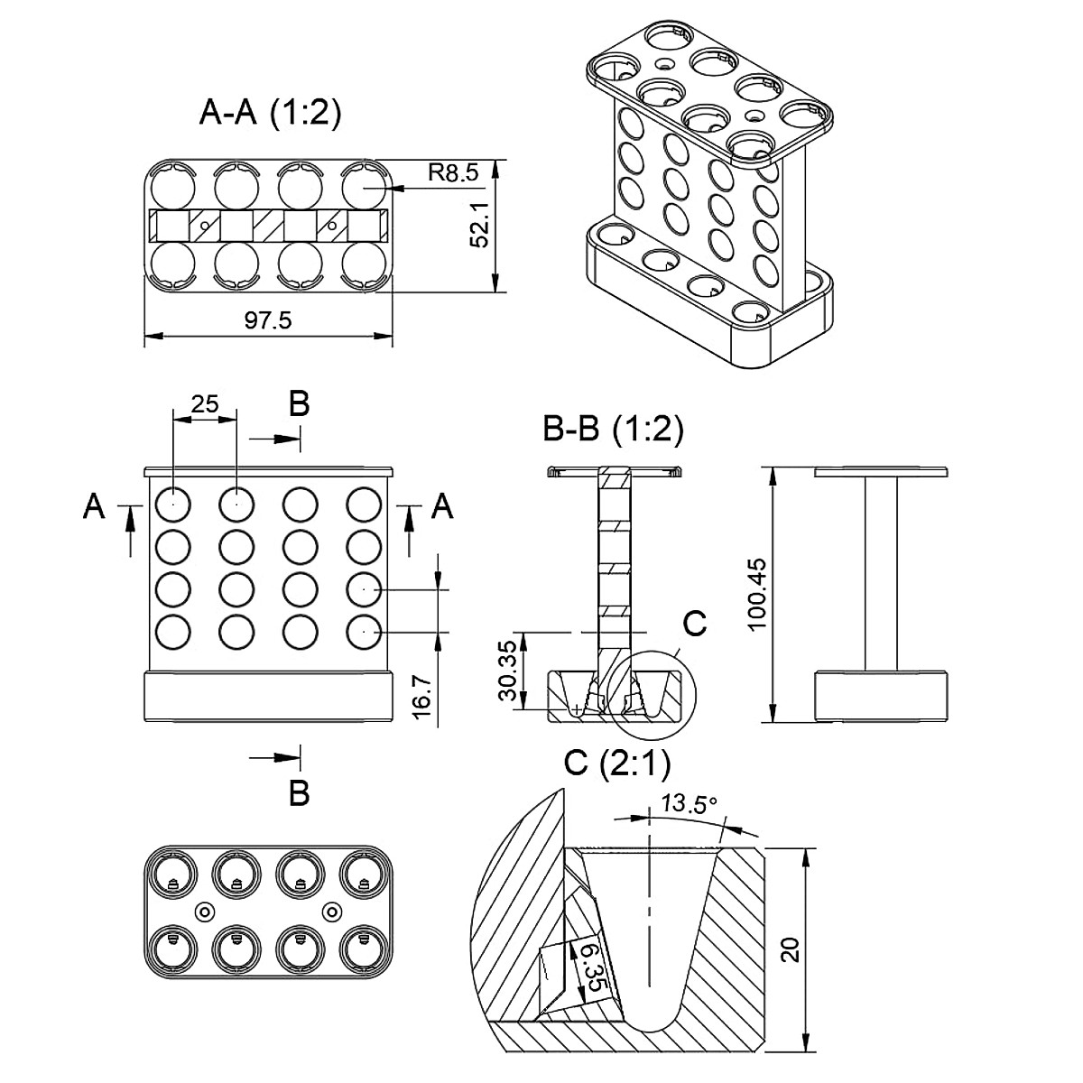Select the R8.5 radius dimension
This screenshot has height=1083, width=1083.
click(453, 173)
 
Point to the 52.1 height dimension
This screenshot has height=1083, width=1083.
click(480, 226)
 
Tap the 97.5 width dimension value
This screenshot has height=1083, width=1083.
click(268, 320)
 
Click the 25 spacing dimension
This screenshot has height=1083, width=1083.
click(205, 404)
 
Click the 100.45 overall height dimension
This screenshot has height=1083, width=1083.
click(756, 594)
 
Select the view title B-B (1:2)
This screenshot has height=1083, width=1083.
click(613, 430)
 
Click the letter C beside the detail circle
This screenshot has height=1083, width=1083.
click(694, 623)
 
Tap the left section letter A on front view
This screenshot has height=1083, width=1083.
click(93, 507)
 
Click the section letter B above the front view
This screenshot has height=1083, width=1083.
click(299, 404)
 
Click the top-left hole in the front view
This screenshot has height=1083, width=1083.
click(172, 504)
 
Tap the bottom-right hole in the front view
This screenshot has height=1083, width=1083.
click(363, 633)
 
